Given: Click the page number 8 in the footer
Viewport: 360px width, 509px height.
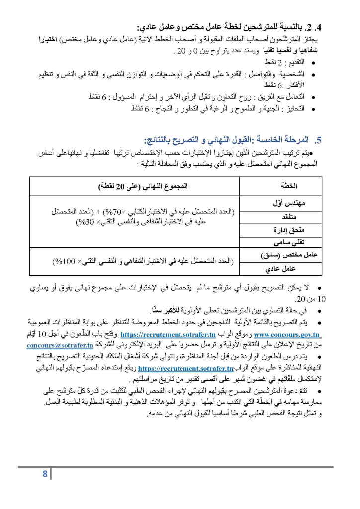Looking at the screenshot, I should (x=45, y=474).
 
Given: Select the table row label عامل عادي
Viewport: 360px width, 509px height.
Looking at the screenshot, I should (x=297, y=269).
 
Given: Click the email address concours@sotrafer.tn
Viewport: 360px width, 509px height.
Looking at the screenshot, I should (x=60, y=345).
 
